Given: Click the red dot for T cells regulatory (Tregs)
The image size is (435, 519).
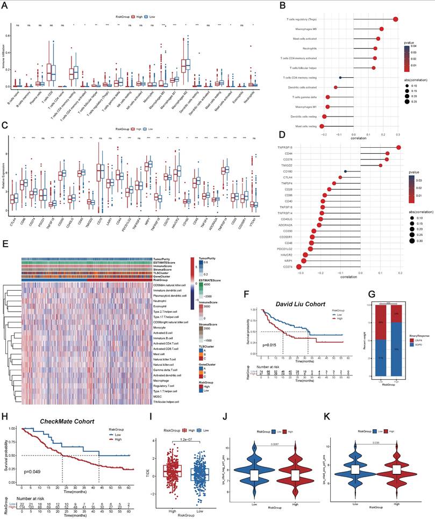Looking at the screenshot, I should point(396,19).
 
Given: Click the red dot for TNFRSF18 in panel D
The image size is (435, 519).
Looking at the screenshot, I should point(399,148).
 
